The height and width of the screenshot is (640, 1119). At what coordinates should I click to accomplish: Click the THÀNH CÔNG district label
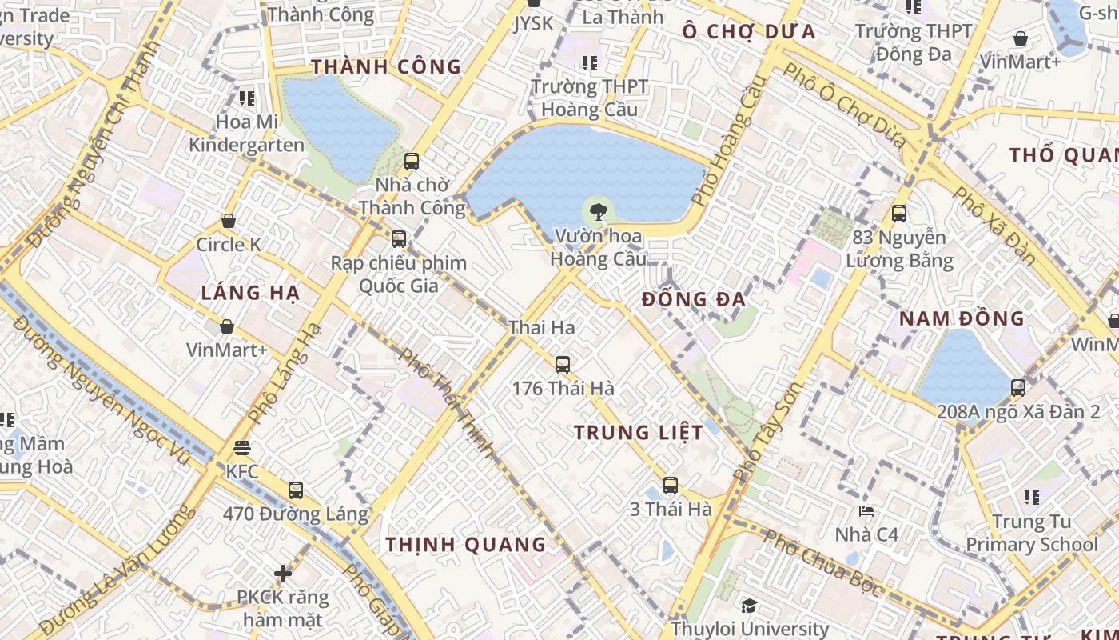click(386, 66)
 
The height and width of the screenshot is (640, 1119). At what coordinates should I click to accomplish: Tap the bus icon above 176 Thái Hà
click(563, 365)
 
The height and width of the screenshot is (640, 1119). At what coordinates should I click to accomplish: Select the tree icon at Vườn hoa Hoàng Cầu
click(596, 212)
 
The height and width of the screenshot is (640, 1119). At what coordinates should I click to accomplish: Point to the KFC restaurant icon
click(242, 448)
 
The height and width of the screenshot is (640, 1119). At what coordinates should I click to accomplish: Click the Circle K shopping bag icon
click(229, 221)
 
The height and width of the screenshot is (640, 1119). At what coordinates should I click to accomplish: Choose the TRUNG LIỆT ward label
click(639, 433)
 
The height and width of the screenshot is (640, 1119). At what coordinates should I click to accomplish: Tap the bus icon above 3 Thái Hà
click(671, 485)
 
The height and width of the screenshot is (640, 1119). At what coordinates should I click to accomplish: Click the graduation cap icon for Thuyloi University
click(749, 606)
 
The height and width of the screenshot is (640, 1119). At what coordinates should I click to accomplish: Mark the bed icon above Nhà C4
click(866, 510)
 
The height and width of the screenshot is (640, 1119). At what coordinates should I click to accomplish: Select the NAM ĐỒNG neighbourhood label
click(962, 318)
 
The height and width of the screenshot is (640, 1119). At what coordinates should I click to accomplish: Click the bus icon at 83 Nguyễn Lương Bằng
click(899, 214)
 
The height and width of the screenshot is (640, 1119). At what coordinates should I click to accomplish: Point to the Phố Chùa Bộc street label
click(823, 563)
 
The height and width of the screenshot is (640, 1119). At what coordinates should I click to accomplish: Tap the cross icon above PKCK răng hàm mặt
click(283, 574)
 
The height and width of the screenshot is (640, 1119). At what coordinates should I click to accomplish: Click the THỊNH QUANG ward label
click(466, 545)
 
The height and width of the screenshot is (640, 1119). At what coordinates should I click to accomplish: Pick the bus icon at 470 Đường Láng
click(296, 490)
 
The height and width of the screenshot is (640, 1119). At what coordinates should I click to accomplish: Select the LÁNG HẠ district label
click(250, 293)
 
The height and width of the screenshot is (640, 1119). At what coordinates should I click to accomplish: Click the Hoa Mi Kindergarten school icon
click(247, 98)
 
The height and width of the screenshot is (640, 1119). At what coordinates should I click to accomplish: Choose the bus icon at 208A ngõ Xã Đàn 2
click(1018, 388)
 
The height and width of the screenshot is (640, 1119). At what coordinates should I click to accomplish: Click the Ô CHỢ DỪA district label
click(749, 32)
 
